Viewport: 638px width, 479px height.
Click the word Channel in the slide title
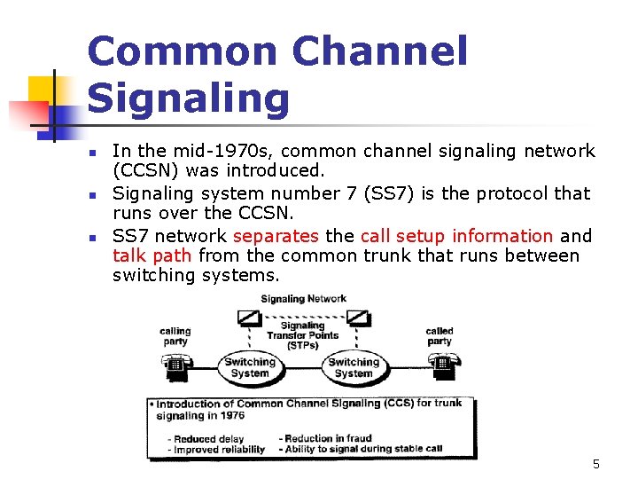click(378, 51)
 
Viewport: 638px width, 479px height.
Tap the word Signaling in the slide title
click(189, 98)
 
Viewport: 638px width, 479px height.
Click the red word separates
click(276, 236)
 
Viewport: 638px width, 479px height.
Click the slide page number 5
click(595, 464)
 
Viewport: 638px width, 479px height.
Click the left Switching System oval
click(249, 367)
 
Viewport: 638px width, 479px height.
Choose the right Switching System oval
click(354, 367)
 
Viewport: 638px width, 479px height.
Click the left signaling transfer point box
click(248, 318)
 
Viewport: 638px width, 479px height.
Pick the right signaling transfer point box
click(357, 318)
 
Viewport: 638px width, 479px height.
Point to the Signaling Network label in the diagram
click(303, 299)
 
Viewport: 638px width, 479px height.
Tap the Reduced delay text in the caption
click(208, 438)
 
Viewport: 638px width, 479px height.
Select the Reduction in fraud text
click(328, 438)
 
